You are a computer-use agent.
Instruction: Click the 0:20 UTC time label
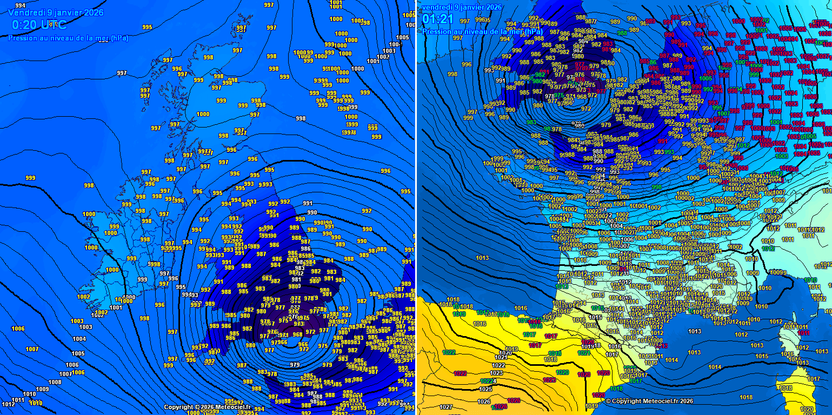(x=39, y=24)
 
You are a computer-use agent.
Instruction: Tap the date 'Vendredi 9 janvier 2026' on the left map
(x=56, y=12)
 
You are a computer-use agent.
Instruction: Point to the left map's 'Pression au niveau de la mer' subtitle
(x=68, y=38)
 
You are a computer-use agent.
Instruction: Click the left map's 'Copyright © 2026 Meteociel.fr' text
(x=207, y=407)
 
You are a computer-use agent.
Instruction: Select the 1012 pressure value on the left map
(x=8, y=404)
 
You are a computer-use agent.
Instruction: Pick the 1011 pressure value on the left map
(x=18, y=400)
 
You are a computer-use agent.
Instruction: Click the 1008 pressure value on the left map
(x=55, y=382)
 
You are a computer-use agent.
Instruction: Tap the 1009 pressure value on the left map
(x=42, y=389)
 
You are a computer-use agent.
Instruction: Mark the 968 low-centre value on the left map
(x=297, y=334)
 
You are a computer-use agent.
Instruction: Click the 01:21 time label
(x=437, y=19)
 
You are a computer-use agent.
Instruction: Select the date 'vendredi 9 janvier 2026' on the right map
(x=462, y=7)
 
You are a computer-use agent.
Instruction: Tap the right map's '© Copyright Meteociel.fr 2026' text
(x=649, y=401)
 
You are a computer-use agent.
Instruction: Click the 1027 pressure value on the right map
(x=446, y=407)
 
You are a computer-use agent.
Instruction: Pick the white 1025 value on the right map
(x=485, y=389)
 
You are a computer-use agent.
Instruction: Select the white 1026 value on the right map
(x=484, y=401)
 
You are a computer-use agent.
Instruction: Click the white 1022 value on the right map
(x=498, y=365)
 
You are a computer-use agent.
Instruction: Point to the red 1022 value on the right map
(x=460, y=373)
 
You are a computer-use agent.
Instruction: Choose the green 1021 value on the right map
(x=583, y=353)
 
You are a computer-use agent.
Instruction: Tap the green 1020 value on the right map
(x=562, y=372)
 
